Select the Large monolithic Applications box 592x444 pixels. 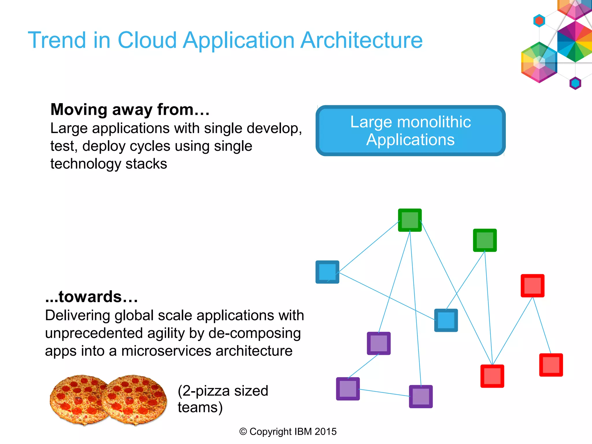click(410, 131)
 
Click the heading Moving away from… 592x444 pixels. click(130, 110)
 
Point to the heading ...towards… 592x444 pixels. click(92, 297)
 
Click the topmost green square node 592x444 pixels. click(410, 220)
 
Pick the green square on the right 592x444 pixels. click(485, 240)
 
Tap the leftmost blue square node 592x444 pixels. click(327, 272)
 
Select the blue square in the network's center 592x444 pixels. click(446, 320)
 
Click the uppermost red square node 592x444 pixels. click(532, 286)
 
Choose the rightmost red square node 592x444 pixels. click(551, 365)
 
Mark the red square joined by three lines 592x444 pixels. click(492, 376)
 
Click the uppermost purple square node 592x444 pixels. click(379, 343)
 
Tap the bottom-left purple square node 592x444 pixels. click(348, 389)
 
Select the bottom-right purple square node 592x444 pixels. click(421, 397)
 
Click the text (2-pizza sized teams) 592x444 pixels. click(223, 399)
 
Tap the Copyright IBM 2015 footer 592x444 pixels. click(288, 432)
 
